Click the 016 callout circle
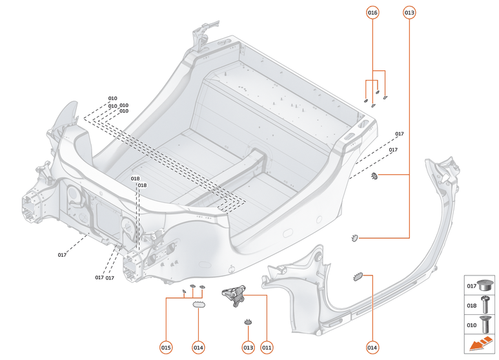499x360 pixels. tap(372, 12)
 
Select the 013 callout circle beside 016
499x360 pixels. tap(409, 12)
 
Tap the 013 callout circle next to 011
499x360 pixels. tap(248, 348)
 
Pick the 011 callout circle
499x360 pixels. tap(267, 348)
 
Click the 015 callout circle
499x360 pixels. tap(166, 348)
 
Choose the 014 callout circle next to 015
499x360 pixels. tap(198, 348)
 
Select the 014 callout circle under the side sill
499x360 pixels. tap(372, 348)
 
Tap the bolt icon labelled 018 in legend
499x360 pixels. tap(484, 306)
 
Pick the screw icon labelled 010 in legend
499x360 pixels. tap(484, 326)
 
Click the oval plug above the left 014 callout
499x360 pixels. tap(199, 304)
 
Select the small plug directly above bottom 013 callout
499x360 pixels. tap(247, 321)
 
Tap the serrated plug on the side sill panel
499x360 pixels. tap(358, 277)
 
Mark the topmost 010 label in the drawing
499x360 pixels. tap(112, 99)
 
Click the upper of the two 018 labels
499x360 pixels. tap(135, 179)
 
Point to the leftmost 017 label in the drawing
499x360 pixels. tap(62, 255)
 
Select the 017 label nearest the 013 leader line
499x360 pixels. tap(393, 150)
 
